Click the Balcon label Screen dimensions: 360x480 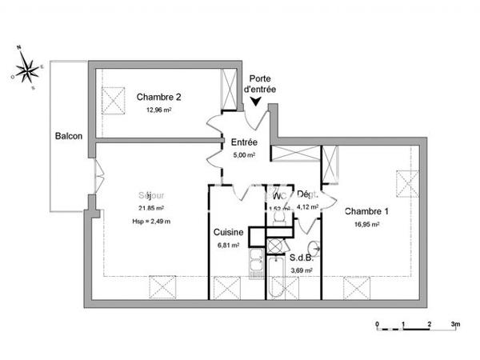point(69,137)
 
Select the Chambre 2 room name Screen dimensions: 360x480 point(158,97)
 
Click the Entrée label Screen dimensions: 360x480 point(244,142)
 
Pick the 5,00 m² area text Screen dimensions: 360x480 point(244,154)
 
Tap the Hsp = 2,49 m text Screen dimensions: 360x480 point(152,221)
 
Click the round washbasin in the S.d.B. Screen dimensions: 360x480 point(313,246)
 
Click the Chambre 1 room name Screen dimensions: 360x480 point(366,212)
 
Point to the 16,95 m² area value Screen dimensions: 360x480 point(366,225)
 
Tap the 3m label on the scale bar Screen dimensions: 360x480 point(455,324)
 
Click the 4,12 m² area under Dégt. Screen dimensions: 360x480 point(307,206)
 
